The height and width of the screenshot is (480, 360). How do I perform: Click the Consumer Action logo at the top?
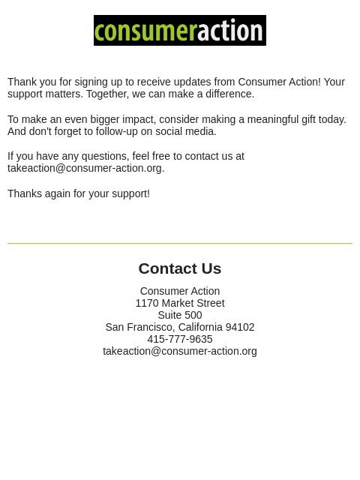click(x=180, y=31)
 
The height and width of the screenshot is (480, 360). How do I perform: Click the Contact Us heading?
click(x=180, y=268)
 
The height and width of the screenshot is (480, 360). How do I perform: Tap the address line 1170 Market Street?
click(x=180, y=303)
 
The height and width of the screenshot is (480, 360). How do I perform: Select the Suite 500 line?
click(x=180, y=315)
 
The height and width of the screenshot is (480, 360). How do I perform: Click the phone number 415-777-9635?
click(x=180, y=339)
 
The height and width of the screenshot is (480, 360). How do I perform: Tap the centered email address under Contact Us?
click(x=180, y=351)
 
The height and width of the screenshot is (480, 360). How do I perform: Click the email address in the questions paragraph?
click(x=85, y=168)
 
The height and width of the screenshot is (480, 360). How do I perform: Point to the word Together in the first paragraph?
click(x=107, y=94)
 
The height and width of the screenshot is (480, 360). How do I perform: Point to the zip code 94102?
click(x=240, y=327)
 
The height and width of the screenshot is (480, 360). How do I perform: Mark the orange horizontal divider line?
click(x=180, y=243)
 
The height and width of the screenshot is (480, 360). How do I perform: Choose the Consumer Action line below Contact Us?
click(x=180, y=291)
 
